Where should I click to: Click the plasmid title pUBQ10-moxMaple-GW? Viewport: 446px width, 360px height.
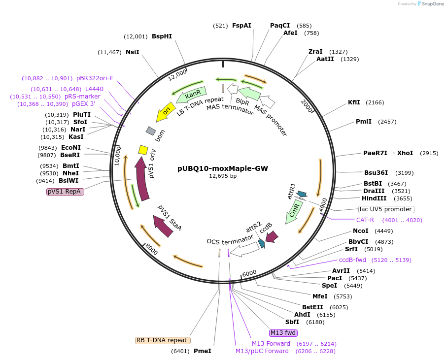223,168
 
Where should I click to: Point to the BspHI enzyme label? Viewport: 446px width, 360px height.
162,36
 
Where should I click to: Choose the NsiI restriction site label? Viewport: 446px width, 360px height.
133,52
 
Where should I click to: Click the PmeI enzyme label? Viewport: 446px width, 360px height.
202,351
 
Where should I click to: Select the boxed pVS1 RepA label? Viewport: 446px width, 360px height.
66,192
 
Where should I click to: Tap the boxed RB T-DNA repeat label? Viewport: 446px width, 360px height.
163,340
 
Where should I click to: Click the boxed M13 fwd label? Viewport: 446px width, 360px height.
283,333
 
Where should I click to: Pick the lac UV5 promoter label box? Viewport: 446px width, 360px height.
386,209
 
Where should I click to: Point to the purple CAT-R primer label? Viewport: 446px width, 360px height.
365,220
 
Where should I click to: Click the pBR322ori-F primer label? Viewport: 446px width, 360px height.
95,78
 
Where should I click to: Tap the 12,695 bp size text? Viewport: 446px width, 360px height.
223,176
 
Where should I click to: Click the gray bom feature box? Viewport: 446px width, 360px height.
151,131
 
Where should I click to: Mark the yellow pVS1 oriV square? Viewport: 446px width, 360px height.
143,150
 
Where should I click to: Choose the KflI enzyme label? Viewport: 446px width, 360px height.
354,102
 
